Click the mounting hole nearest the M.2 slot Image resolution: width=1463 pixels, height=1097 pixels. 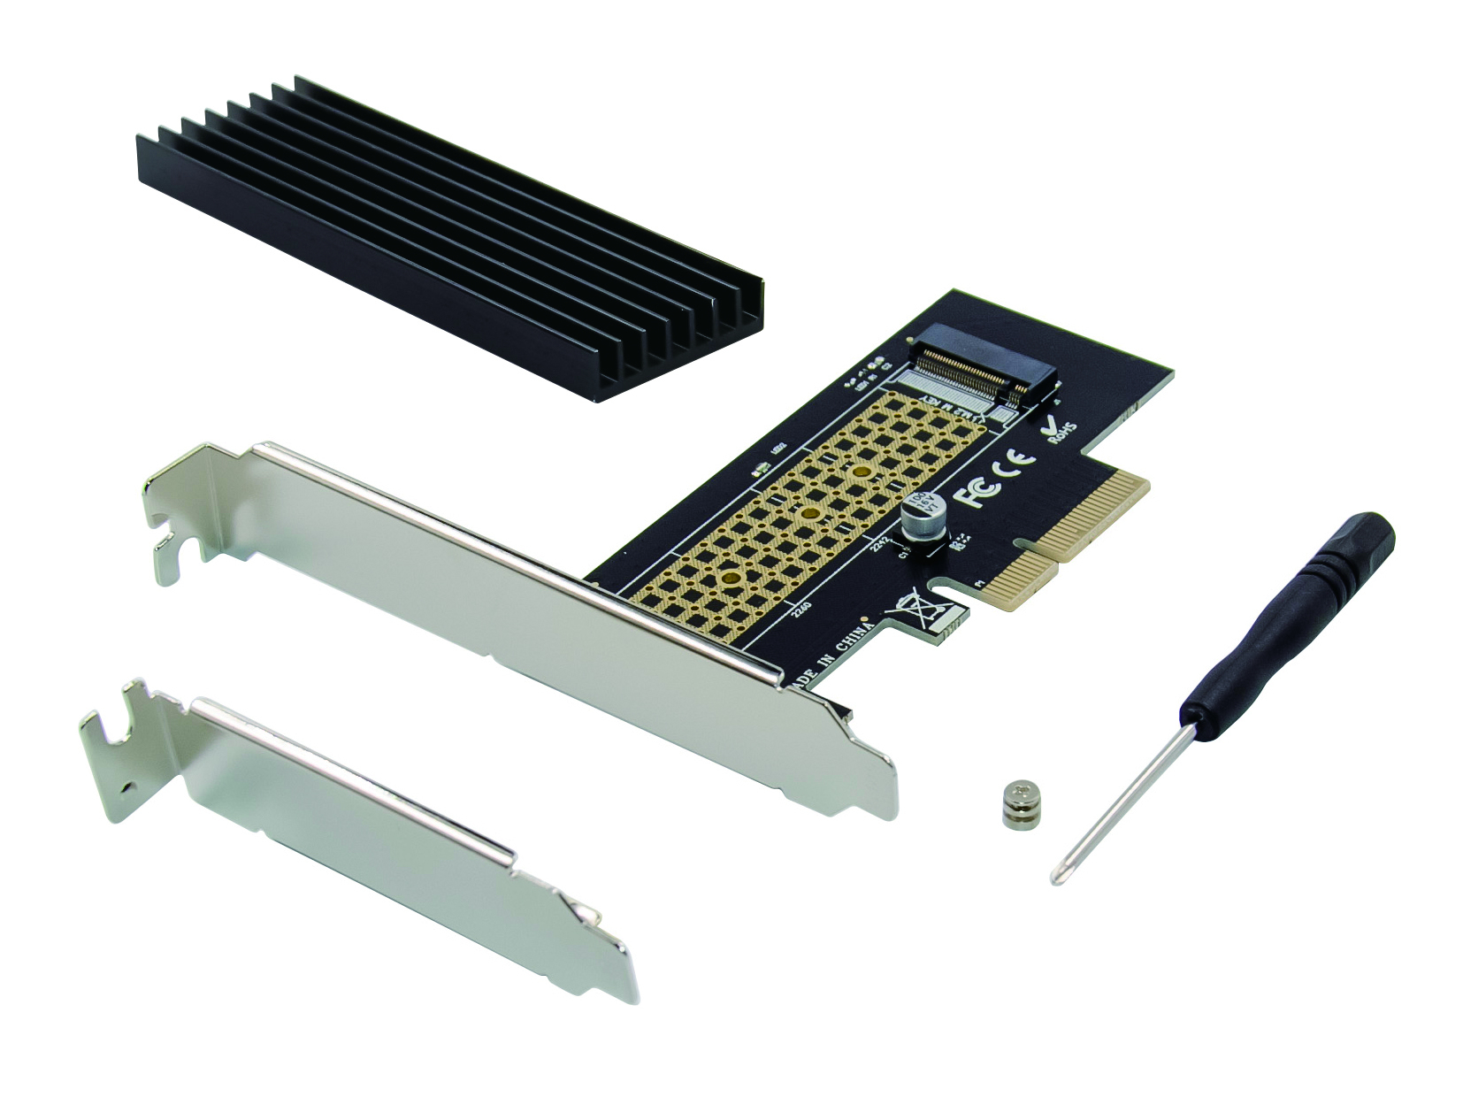(x=859, y=472)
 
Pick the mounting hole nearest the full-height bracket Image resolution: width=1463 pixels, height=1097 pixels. (x=731, y=578)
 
